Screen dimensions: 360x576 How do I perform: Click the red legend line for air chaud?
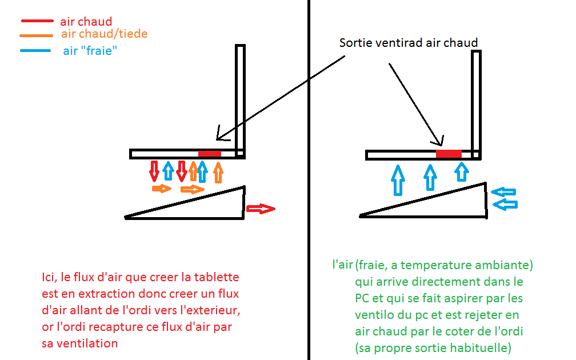[38, 22]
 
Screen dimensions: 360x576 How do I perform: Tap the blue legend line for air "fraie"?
[38, 51]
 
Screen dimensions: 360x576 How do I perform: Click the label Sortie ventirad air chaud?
[408, 43]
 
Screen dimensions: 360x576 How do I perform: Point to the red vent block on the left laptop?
[209, 154]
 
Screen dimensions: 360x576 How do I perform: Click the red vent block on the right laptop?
[449, 154]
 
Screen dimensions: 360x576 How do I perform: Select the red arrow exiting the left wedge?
[260, 209]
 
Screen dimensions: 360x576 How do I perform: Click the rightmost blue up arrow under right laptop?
[462, 171]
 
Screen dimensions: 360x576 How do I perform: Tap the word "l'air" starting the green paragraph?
[342, 265]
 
